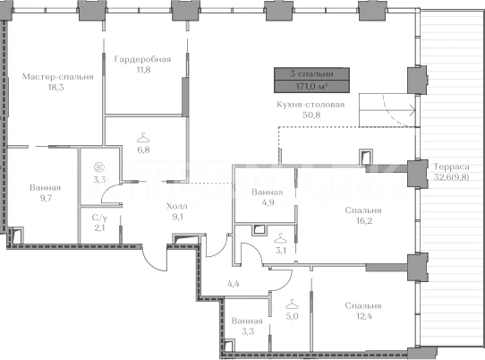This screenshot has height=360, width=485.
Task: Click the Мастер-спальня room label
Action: [x=58, y=76]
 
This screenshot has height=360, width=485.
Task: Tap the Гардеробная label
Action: [x=142, y=59]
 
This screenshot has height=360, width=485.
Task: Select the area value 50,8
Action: [x=311, y=115]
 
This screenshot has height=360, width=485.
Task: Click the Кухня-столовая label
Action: [x=311, y=104]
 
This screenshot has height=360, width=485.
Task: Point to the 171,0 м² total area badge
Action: [x=311, y=86]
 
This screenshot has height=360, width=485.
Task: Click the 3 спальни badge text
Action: [x=311, y=73]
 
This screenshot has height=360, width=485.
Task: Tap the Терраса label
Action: [x=451, y=167]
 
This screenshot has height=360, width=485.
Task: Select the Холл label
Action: [x=176, y=206]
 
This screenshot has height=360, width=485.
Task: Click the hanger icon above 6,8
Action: [x=143, y=137]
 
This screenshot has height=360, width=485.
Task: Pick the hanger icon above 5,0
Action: [x=292, y=304]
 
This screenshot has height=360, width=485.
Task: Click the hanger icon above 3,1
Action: [x=281, y=238]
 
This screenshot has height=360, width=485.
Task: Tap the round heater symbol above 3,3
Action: [x=99, y=167]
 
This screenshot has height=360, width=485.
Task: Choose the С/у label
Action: [x=99, y=218]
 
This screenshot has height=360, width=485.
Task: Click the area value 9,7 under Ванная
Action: [x=46, y=198]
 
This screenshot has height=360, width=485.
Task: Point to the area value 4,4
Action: [x=233, y=284]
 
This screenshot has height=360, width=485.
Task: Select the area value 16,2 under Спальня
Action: [x=363, y=220]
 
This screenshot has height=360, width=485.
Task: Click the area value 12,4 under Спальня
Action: [x=363, y=316]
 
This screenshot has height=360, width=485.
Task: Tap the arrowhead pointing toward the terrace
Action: [x=413, y=110]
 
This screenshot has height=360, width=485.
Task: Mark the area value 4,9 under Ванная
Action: [x=268, y=202]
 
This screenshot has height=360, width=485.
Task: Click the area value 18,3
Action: [x=55, y=87]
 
